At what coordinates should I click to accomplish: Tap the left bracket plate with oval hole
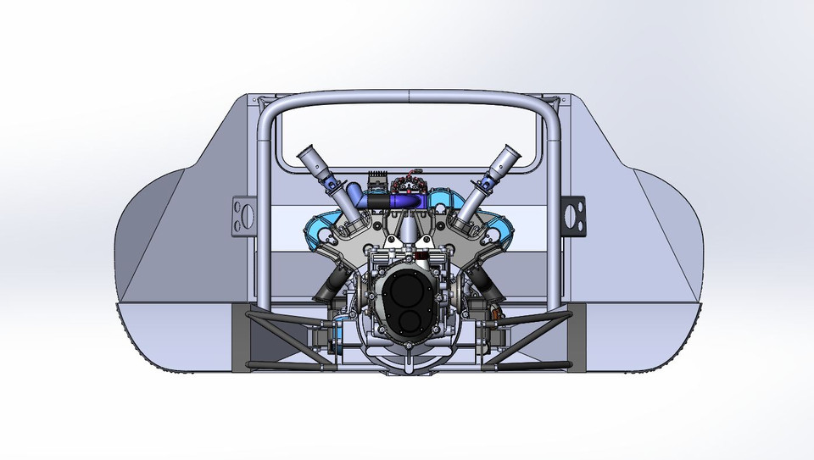tap(243, 213)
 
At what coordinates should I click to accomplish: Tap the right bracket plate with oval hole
tap(573, 213)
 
